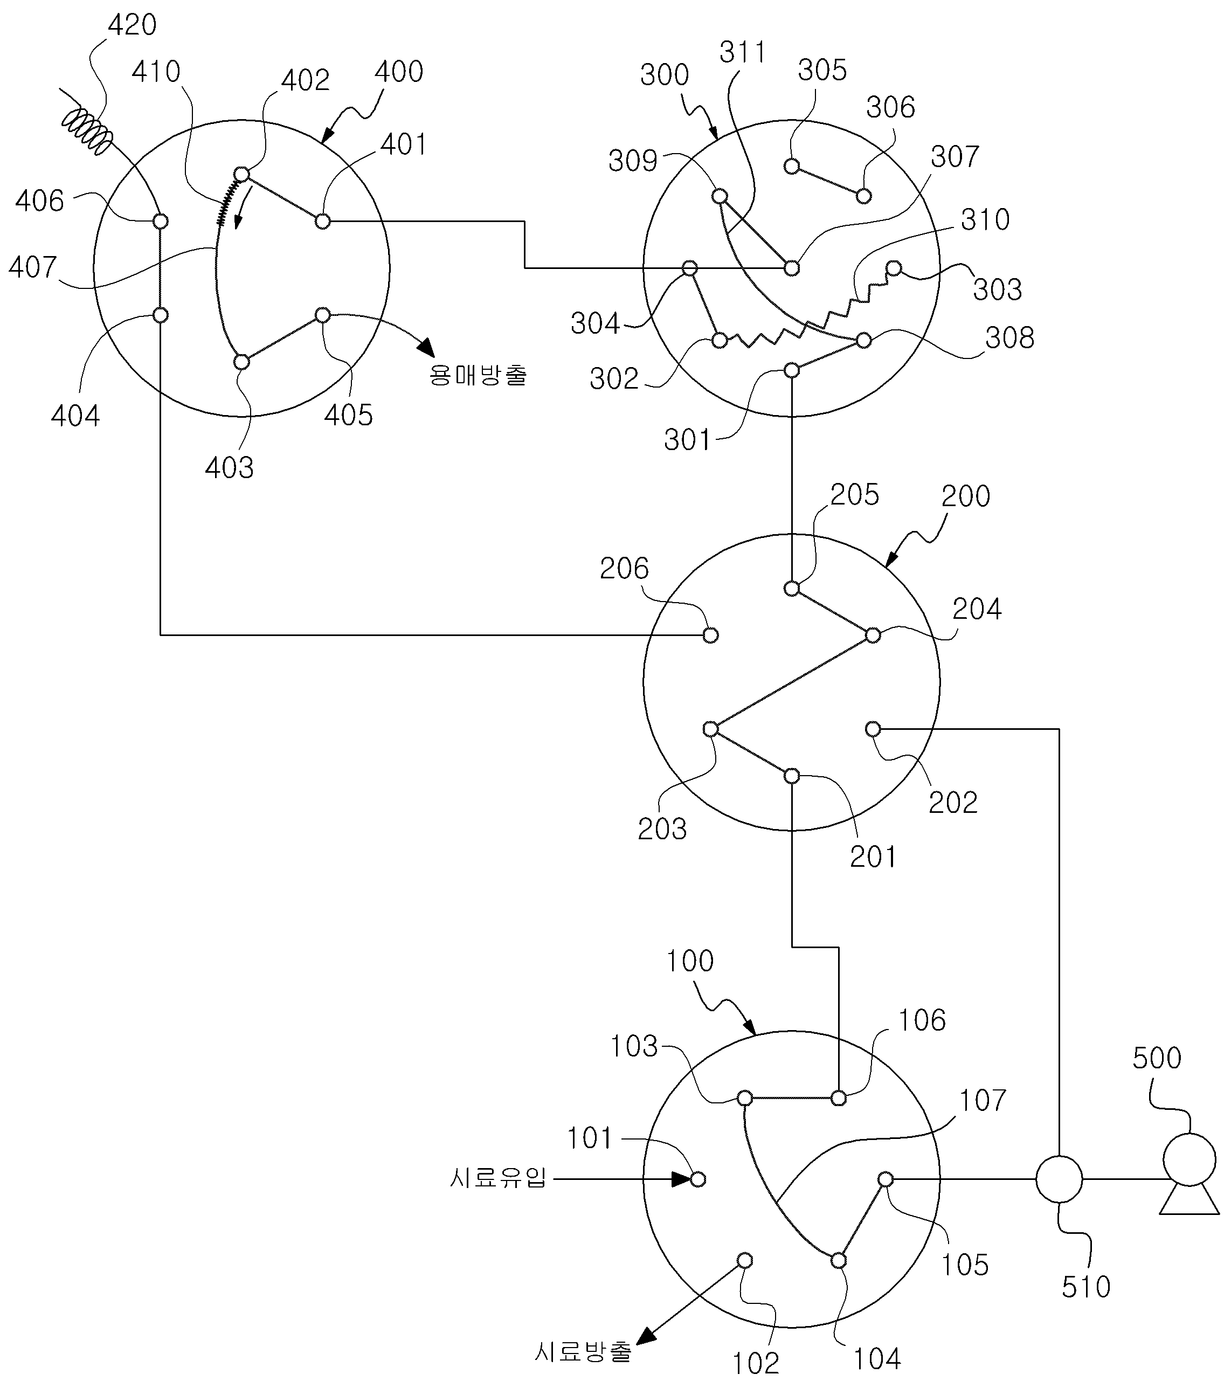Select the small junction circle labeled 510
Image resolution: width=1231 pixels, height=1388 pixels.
1059,1179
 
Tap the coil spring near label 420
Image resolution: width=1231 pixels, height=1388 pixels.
86,131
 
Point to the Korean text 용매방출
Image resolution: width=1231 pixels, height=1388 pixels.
478,375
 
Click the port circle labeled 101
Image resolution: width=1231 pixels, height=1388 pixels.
697,1179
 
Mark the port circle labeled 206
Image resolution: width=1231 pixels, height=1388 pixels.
710,635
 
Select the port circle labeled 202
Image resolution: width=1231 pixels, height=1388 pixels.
873,729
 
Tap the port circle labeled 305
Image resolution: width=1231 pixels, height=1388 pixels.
792,167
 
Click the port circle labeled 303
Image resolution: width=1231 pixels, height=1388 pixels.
894,268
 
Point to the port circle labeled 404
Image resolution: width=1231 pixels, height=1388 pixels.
160,315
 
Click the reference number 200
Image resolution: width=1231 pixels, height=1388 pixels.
965,496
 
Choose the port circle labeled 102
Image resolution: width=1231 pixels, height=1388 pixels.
744,1260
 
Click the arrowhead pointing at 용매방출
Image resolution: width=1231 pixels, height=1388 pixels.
426,346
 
